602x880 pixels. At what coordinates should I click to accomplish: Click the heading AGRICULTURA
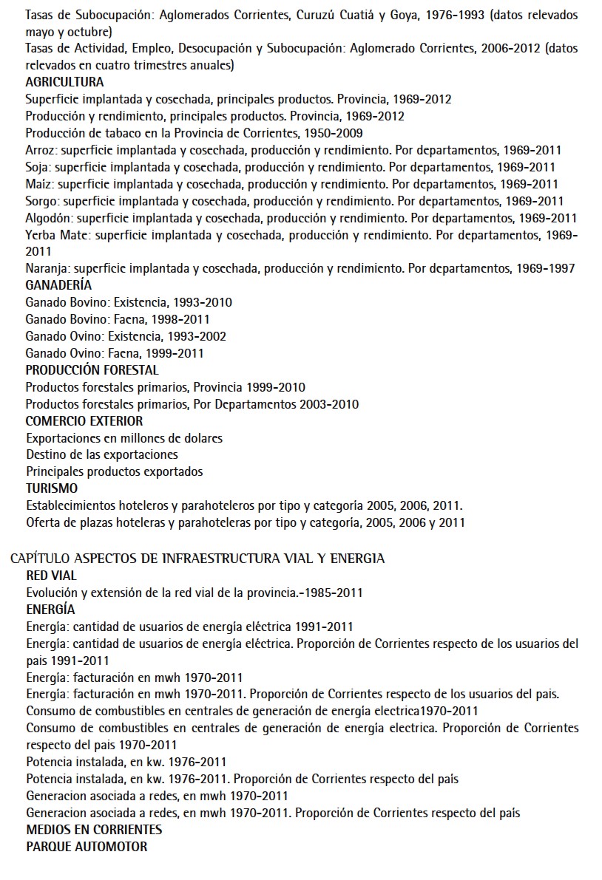[64, 82]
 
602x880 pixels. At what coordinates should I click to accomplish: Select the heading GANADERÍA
[58, 285]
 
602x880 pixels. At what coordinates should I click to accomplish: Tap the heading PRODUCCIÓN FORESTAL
[92, 370]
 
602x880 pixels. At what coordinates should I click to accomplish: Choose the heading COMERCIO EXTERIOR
[84, 421]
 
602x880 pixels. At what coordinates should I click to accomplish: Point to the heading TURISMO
[51, 488]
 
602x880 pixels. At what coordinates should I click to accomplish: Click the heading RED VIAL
[51, 576]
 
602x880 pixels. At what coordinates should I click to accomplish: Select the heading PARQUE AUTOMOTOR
[87, 847]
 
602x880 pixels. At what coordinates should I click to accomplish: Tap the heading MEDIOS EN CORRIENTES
[94, 830]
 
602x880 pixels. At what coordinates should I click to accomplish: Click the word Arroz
[38, 150]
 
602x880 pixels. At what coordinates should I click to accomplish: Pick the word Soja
[37, 167]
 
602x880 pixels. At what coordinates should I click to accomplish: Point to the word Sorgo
[41, 201]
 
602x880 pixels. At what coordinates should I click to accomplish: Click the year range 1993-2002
[197, 336]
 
